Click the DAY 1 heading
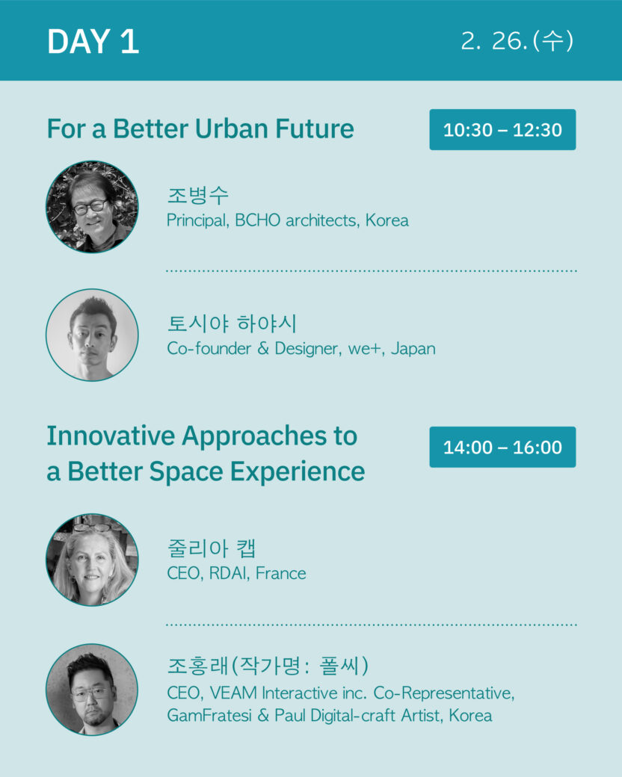point(93,41)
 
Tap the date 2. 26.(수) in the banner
point(517,40)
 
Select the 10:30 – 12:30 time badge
point(502,130)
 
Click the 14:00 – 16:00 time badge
point(502,447)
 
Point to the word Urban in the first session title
point(232,129)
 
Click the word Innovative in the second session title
point(111,436)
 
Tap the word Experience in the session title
point(298,471)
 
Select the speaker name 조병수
point(198,195)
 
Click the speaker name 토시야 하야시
point(233,324)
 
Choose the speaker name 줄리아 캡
point(212,548)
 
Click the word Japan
point(413,349)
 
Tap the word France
point(281,573)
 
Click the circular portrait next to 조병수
point(92,207)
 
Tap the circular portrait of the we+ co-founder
point(92,335)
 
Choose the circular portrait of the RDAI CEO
point(92,560)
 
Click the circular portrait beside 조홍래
point(92,690)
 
